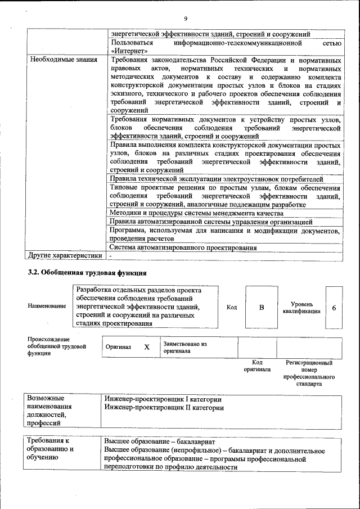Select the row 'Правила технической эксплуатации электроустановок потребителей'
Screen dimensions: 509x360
coord(216,179)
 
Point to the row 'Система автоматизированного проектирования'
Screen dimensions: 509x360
coord(183,247)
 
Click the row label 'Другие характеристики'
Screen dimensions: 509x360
coord(66,255)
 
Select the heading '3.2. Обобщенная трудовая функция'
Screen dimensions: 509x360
coord(87,273)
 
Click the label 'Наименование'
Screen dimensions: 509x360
coord(47,307)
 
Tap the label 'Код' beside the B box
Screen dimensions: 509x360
coord(232,307)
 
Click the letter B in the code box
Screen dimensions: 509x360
coord(261,308)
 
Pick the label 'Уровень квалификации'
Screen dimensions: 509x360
coord(301,307)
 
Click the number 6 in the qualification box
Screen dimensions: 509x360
coord(334,308)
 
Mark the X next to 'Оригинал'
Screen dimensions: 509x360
coord(147,347)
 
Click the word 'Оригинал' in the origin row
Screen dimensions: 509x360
coord(118,348)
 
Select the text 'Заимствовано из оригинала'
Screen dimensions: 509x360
coord(185,347)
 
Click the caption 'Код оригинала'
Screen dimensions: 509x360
coord(257,366)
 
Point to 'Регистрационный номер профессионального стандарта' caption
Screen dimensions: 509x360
coord(309,373)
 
